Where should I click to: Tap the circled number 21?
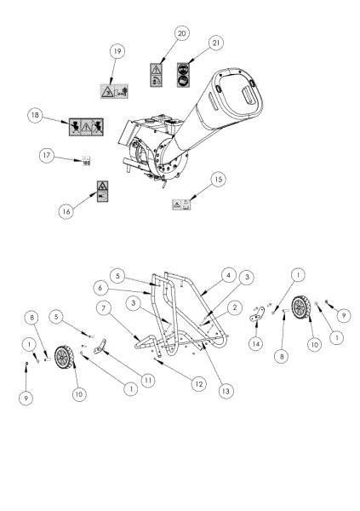point(215,41)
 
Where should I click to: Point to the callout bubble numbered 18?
point(36,113)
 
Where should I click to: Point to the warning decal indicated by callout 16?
point(101,190)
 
